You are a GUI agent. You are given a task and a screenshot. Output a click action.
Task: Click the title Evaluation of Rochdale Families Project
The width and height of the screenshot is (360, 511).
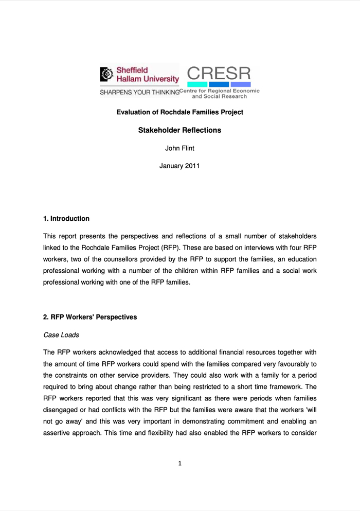[x=179, y=112]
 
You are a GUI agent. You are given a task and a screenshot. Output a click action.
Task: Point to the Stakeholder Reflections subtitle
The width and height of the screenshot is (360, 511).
[x=179, y=130]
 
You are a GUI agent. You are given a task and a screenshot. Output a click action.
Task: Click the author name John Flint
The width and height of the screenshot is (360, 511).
[x=179, y=149]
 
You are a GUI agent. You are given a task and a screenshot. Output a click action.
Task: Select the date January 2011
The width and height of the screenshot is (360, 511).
[x=179, y=166]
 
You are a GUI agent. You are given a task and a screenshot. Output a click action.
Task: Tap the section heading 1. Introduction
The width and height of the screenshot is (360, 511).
[x=66, y=219]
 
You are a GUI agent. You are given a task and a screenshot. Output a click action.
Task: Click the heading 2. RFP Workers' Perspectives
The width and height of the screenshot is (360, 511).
[x=90, y=317]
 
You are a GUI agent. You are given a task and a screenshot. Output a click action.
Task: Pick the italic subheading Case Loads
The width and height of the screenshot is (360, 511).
[x=61, y=335]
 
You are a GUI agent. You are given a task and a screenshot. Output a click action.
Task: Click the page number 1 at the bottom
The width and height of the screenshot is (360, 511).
[x=180, y=464]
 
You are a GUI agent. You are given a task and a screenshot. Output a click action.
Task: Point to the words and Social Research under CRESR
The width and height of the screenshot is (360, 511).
[x=219, y=96]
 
